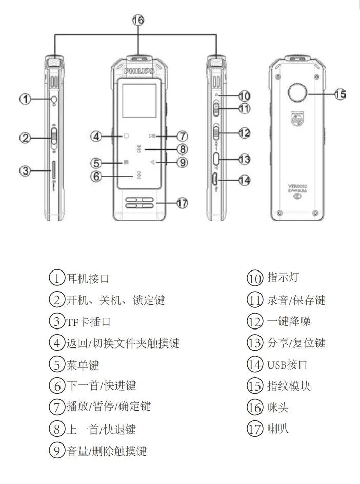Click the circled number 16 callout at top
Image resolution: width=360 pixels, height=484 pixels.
click(x=138, y=20)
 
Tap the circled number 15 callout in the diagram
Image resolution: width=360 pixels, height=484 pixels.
click(x=340, y=94)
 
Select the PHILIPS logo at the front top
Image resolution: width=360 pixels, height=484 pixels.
click(x=139, y=71)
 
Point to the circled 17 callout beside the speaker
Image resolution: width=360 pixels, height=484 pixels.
click(x=182, y=203)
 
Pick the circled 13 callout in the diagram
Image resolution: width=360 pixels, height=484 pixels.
click(x=244, y=160)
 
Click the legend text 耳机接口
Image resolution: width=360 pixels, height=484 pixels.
click(x=88, y=279)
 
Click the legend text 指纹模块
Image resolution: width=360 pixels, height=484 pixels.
click(x=289, y=386)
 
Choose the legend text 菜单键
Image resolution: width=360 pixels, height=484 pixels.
click(x=83, y=365)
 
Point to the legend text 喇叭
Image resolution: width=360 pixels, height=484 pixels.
click(x=278, y=429)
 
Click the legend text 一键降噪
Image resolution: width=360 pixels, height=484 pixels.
click(x=289, y=321)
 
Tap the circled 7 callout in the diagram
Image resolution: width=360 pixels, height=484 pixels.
click(x=182, y=136)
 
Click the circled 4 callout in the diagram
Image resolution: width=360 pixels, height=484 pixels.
click(x=97, y=136)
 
